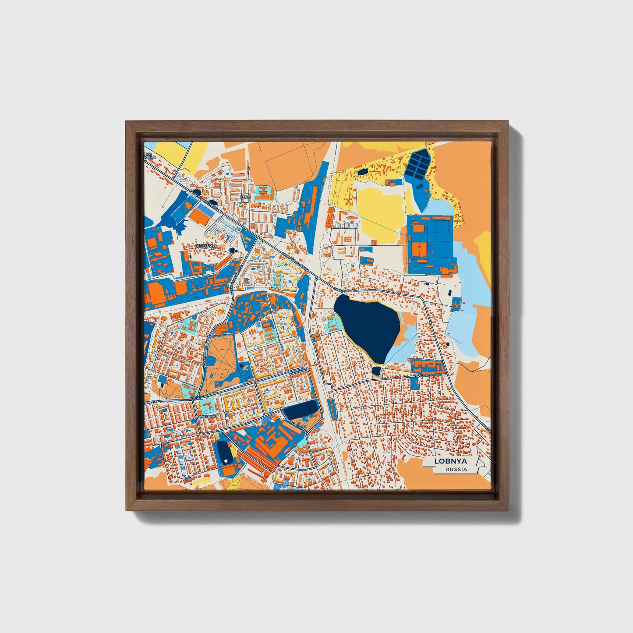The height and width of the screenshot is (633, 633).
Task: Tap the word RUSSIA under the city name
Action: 456,469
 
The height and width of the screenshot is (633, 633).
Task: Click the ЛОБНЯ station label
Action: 197,398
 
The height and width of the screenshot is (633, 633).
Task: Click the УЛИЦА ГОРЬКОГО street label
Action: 426,375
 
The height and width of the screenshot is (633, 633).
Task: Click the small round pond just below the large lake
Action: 376,371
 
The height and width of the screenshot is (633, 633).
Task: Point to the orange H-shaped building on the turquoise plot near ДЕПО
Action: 263,193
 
